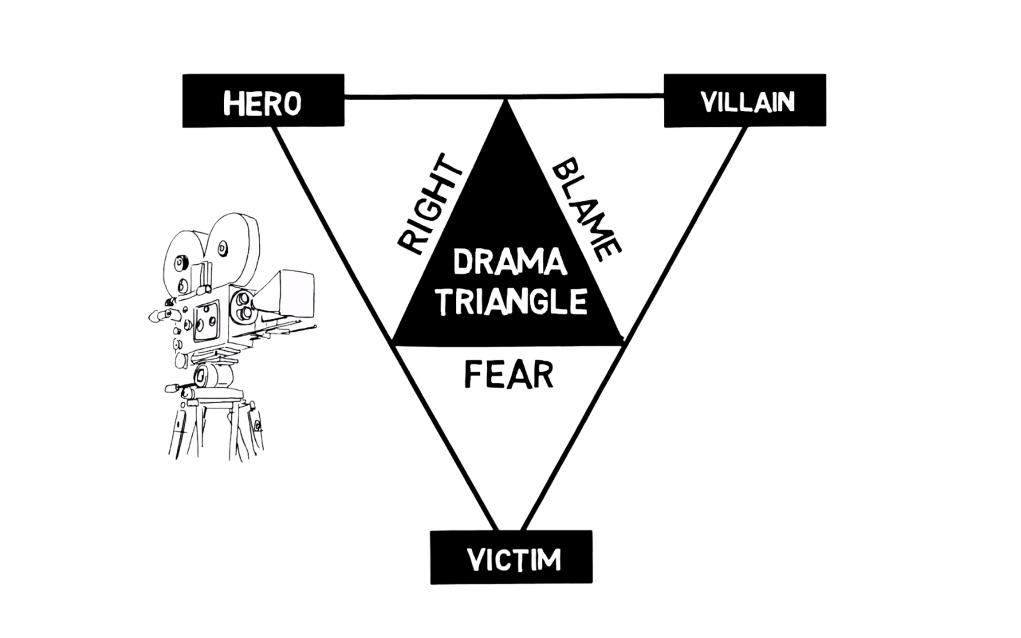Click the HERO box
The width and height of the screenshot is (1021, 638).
click(263, 101)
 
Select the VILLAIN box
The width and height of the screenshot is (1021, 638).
click(745, 101)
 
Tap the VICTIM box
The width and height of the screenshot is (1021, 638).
click(511, 557)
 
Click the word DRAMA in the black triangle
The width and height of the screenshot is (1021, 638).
click(510, 262)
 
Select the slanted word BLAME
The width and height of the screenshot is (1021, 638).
click(586, 209)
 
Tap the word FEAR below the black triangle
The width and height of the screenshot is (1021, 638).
click(509, 375)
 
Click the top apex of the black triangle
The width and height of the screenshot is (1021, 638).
click(508, 104)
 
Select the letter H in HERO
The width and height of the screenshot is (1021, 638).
click(232, 103)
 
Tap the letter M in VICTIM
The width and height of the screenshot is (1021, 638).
click(548, 560)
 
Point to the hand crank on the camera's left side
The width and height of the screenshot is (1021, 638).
click(160, 315)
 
